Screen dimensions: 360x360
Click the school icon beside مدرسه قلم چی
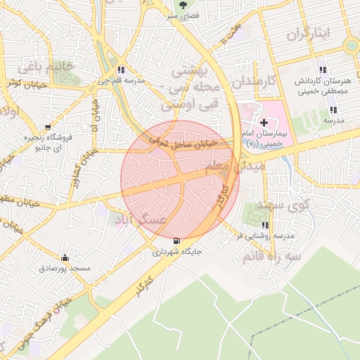tap(122, 70)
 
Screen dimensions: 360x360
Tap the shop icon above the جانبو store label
tap(48, 128)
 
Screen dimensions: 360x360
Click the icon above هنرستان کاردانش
tap(323, 70)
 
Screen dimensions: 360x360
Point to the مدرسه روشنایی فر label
tap(264, 236)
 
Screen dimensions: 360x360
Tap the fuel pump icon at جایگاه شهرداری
tap(175, 240)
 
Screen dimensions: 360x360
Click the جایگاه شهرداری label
tap(177, 251)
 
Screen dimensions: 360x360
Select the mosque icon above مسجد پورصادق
tap(65, 257)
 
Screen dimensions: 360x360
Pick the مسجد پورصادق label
tap(65, 268)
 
